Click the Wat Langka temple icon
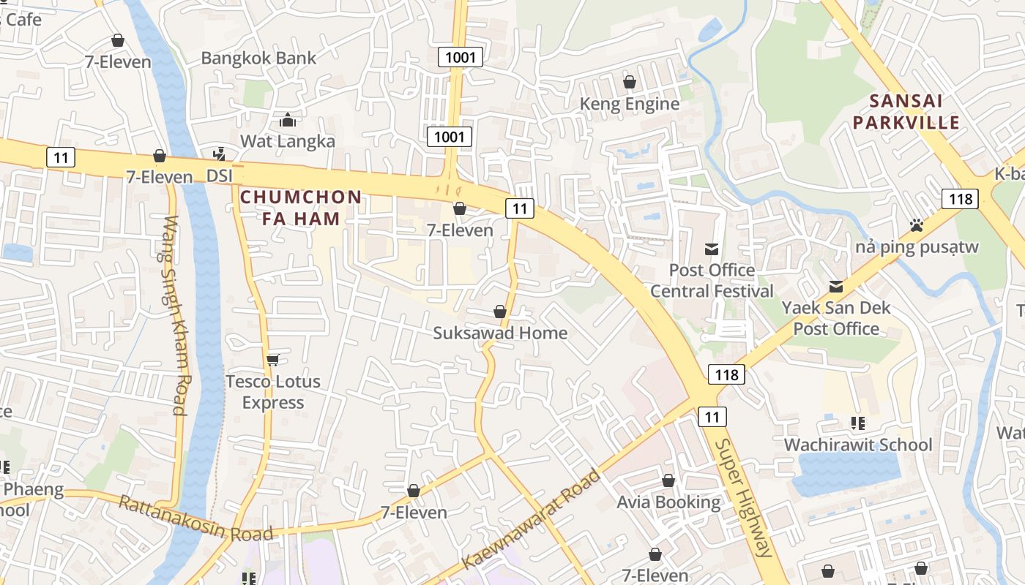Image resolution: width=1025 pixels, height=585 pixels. point(288,119)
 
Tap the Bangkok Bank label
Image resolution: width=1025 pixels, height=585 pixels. point(258,58)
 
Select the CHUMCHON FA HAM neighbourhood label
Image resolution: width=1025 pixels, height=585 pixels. point(301,207)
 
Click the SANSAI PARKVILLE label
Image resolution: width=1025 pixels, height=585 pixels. point(906,111)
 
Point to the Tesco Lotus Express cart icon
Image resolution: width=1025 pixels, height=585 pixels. point(273,359)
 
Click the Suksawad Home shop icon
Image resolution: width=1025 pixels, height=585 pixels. point(500,312)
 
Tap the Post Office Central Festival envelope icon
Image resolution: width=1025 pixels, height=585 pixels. point(711,249)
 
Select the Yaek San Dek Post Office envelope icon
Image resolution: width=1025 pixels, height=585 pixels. point(836,287)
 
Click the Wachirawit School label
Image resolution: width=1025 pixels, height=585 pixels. point(858,445)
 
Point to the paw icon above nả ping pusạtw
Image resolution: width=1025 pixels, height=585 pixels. point(916,225)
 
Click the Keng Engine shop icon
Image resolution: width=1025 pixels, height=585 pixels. point(629,82)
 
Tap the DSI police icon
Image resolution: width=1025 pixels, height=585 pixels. point(218,154)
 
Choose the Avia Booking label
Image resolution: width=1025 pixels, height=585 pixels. point(668,502)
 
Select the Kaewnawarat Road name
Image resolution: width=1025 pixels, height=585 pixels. point(532,520)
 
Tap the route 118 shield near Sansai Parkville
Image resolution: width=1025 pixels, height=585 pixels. point(960,198)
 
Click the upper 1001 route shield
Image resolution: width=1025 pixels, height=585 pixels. point(461,57)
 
